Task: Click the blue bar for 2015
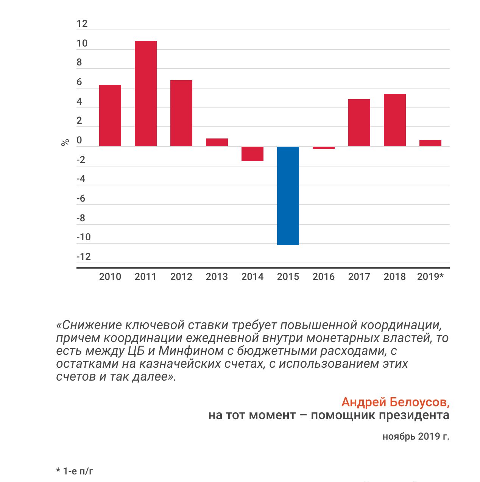pos(288,196)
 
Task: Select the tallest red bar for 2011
pos(145,93)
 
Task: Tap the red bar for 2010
pos(110,115)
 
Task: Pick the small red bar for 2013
pos(217,142)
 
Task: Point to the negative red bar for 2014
pos(252,154)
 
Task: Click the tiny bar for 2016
pos(324,148)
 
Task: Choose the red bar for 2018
pos(394,120)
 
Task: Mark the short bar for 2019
pos(430,143)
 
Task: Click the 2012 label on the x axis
pos(181,277)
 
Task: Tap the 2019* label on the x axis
pos(430,277)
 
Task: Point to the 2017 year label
pos(359,277)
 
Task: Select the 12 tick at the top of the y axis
pos(82,24)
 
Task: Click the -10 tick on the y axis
pos(84,237)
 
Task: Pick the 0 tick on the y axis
pos(79,140)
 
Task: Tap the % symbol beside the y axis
pos(65,142)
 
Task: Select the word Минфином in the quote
pos(191,351)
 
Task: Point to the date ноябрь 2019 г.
pos(416,437)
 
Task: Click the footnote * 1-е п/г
pos(75,471)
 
